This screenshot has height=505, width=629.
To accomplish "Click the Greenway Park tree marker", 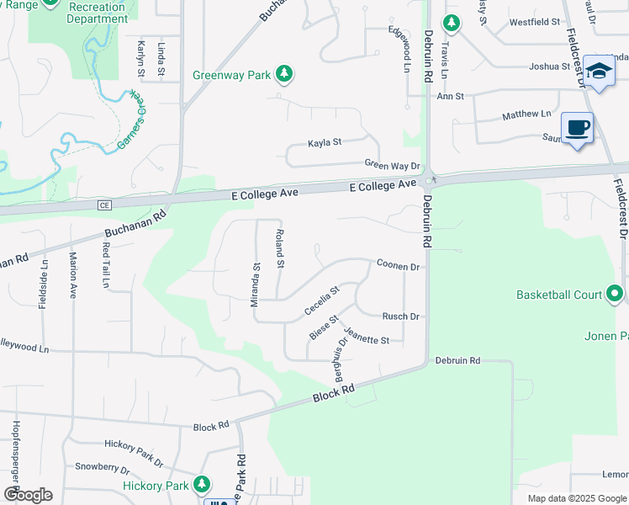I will click(x=285, y=74).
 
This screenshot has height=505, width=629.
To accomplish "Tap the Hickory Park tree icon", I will click(x=201, y=485).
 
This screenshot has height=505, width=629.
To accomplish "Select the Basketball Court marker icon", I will click(x=615, y=294).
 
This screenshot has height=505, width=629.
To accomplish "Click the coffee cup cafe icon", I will click(x=577, y=129).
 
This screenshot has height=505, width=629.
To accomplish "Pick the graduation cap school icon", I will click(x=599, y=72).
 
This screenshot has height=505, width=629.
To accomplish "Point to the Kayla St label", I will click(x=324, y=142).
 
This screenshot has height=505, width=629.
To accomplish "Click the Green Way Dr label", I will click(x=392, y=164).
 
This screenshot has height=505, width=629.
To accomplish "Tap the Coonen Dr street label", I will click(x=398, y=265).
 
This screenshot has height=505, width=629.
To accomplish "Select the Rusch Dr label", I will click(x=400, y=316).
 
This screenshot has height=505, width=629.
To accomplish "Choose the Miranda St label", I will click(x=255, y=284).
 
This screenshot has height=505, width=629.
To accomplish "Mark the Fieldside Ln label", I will click(x=43, y=284).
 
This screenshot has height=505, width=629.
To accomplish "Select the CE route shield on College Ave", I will click(x=105, y=205).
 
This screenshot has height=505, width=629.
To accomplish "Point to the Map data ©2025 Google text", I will click(x=577, y=498).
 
